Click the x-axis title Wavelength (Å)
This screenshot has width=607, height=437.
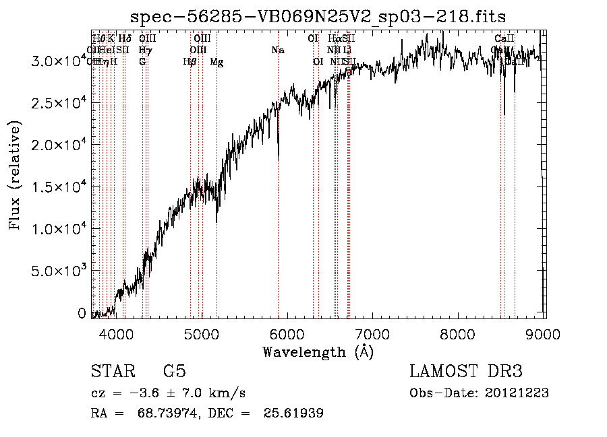click(x=318, y=351)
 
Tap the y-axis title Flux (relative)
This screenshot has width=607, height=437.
click(x=14, y=174)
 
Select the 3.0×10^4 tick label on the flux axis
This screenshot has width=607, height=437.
click(x=57, y=61)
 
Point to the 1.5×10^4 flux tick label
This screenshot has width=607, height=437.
click(x=57, y=187)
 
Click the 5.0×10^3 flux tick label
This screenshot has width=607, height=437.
click(x=57, y=271)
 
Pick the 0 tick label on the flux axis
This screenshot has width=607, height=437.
click(x=82, y=313)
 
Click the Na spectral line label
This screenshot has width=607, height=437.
click(x=277, y=50)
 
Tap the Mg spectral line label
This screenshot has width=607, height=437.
click(x=216, y=62)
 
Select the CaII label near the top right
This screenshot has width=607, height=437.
click(x=504, y=38)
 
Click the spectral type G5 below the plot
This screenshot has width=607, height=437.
click(x=175, y=372)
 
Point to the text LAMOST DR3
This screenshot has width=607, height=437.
click(x=466, y=372)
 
